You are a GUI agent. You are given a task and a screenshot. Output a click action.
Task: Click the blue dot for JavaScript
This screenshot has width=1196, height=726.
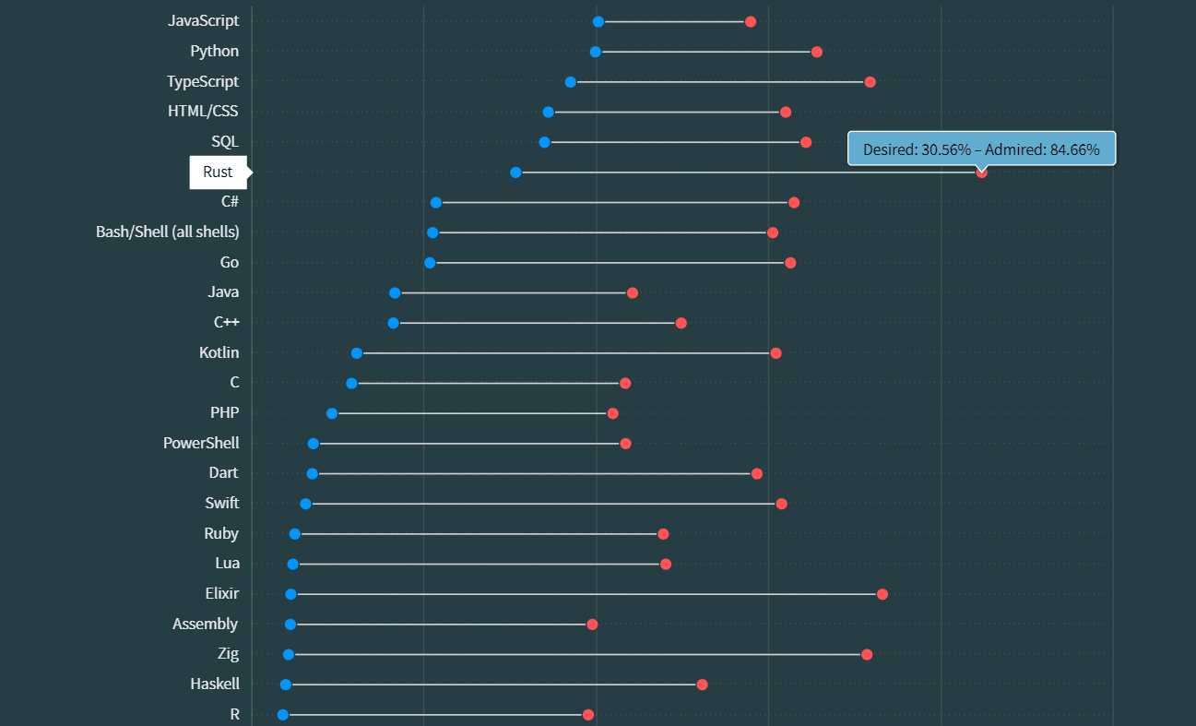(x=598, y=21)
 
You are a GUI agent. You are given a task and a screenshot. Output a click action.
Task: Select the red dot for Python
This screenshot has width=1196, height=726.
(x=817, y=52)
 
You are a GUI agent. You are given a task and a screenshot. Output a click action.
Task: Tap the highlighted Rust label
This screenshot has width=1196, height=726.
(x=219, y=173)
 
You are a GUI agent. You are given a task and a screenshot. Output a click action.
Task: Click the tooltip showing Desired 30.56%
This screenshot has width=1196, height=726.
(x=981, y=149)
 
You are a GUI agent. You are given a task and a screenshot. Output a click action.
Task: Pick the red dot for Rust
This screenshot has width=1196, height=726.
(x=982, y=173)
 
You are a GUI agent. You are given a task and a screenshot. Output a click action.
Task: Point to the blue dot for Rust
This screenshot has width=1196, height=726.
(x=515, y=173)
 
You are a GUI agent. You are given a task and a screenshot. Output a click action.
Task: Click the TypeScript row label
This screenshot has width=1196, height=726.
(x=203, y=81)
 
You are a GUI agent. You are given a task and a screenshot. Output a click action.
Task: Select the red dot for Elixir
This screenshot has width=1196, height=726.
(x=882, y=594)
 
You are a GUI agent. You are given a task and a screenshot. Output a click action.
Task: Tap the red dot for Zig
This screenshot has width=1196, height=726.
(x=867, y=654)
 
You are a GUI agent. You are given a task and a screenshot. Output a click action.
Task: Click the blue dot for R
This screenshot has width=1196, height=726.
(x=283, y=715)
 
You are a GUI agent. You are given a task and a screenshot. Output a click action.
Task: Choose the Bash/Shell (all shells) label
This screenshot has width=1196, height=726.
(x=168, y=232)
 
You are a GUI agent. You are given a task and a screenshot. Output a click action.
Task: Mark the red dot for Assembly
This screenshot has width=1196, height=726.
(x=592, y=625)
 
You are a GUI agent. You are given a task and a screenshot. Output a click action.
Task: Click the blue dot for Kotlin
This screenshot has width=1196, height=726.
(x=357, y=353)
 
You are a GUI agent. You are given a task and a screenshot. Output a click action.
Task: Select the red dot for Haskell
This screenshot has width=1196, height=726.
(x=703, y=684)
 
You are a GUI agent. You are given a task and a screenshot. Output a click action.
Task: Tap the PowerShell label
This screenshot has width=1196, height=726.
(x=201, y=443)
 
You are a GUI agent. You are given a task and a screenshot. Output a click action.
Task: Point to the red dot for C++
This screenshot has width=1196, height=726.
(x=681, y=323)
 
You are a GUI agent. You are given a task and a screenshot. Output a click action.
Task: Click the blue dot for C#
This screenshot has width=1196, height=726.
(x=436, y=202)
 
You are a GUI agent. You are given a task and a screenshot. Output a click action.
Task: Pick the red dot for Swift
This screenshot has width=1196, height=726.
(x=782, y=504)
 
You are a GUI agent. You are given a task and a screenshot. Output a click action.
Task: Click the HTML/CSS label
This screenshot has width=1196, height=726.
(x=203, y=112)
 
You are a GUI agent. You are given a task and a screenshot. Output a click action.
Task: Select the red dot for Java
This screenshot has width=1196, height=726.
(x=633, y=292)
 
